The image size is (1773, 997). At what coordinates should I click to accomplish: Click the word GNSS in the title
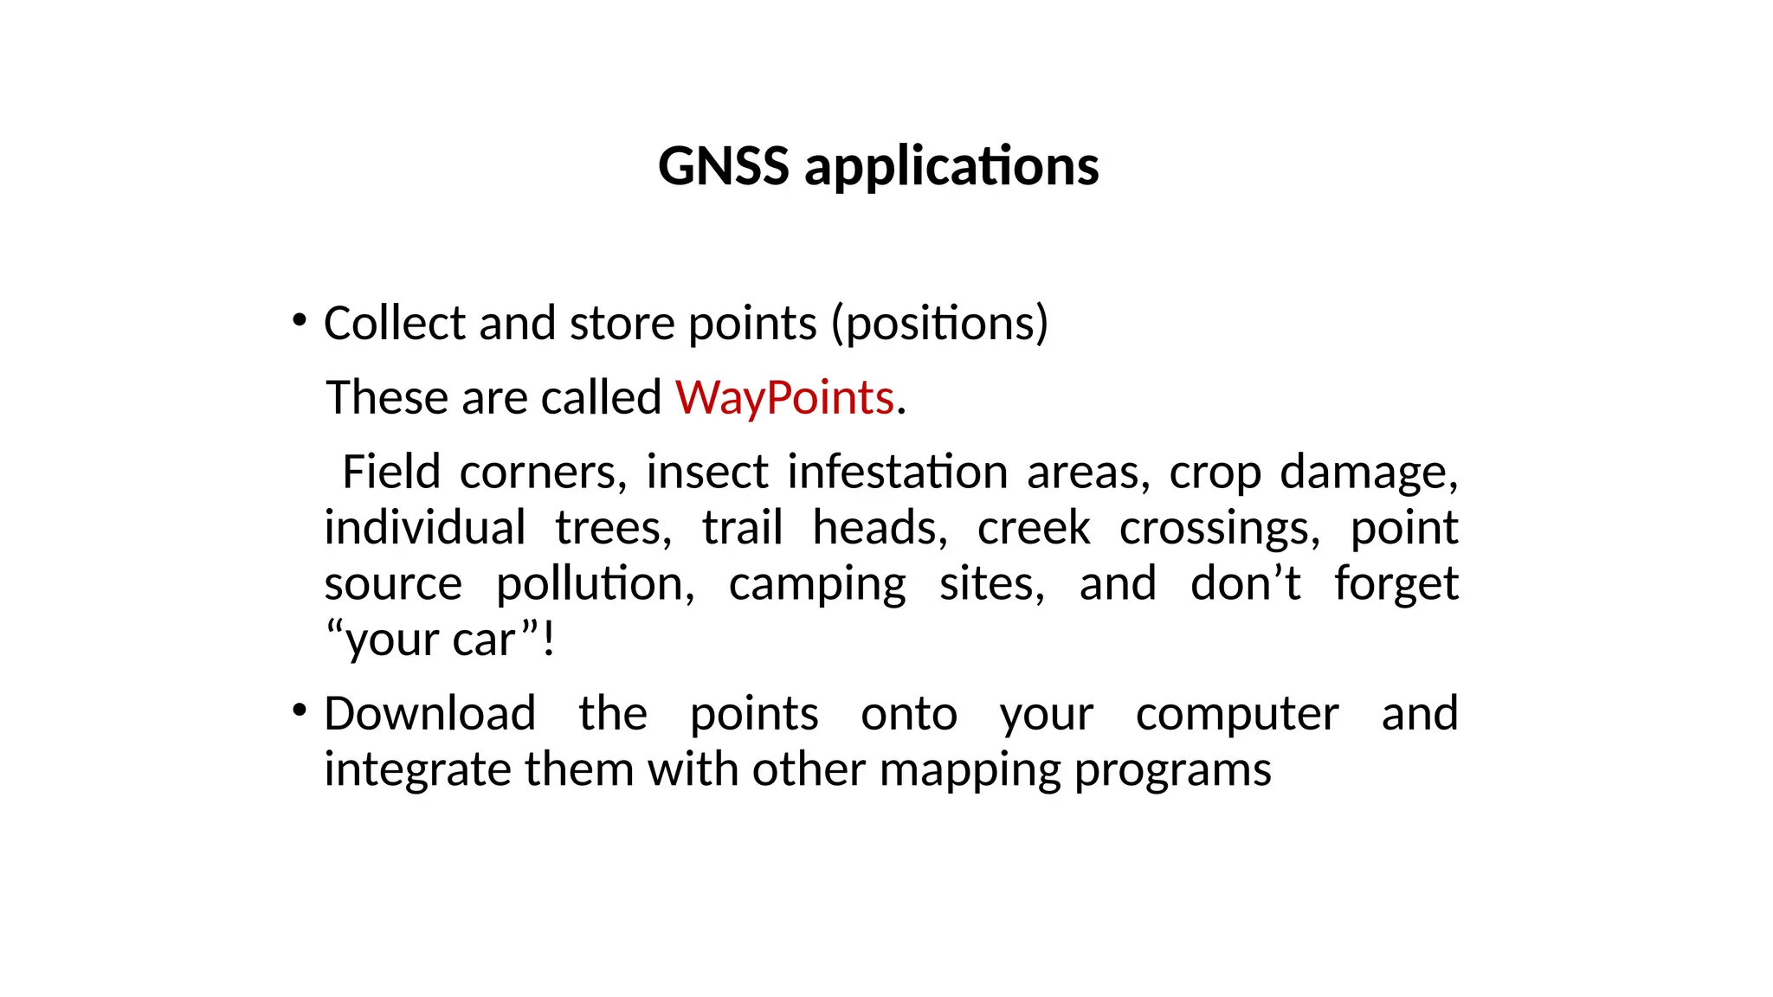point(723,165)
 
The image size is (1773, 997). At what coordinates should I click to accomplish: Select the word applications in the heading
point(951,167)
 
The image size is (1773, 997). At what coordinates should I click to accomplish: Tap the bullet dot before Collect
point(300,321)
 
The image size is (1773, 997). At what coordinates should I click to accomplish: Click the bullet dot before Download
point(300,711)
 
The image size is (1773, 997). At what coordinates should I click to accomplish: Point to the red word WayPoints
point(784,398)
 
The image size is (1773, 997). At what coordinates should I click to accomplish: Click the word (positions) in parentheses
point(939,324)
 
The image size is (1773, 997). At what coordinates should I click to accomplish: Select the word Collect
point(395,323)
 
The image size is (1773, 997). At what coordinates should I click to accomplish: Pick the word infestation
point(898,473)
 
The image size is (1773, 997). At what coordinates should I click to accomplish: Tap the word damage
point(1369,473)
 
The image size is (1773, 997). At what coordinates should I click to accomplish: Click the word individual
point(425,528)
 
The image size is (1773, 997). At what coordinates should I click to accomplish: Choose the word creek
point(1034,528)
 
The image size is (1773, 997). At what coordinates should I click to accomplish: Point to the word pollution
point(595,584)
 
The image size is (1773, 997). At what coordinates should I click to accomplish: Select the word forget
point(1396,584)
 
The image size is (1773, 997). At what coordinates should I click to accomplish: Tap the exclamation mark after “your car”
point(549,640)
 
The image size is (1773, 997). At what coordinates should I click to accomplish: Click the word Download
point(430,714)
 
